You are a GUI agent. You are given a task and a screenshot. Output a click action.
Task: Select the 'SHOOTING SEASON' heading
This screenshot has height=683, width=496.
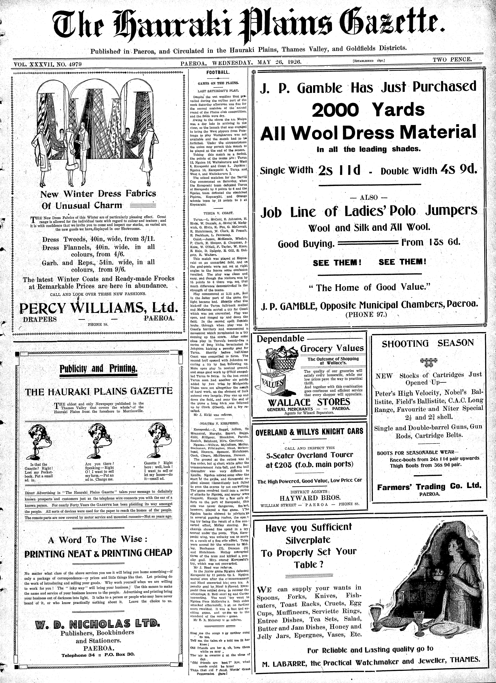428,343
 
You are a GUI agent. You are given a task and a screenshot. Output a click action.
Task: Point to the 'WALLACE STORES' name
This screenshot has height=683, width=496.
309,402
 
